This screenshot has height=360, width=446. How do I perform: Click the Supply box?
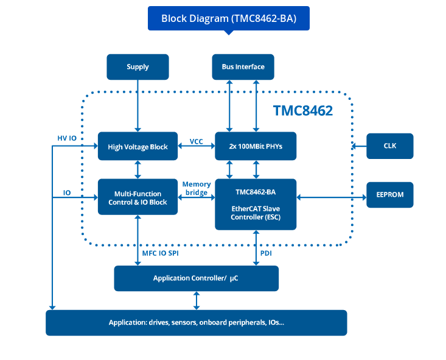pos(138,67)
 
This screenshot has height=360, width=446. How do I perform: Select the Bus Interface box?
pos(243,67)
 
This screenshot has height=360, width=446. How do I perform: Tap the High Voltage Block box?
pos(138,146)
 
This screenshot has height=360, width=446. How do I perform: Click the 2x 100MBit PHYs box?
pos(256,146)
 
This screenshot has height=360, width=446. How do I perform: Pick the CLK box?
pos(389,146)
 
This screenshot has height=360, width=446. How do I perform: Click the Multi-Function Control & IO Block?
pos(138,197)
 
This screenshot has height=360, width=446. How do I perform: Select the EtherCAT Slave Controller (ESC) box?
pos(256,205)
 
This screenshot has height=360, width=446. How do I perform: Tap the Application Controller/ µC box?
pos(196,278)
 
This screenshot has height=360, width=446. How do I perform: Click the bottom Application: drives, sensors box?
pos(196,323)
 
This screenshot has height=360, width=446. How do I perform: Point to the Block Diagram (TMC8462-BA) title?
pos(229,18)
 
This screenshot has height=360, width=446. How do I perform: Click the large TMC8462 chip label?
pos(302,111)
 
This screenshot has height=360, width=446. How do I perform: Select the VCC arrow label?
pos(196,141)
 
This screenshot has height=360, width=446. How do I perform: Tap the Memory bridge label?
pos(196,188)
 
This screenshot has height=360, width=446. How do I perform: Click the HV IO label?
pos(66,139)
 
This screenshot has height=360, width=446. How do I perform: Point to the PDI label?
pos(266,252)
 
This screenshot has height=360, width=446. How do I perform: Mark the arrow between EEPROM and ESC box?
pos(331,197)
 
